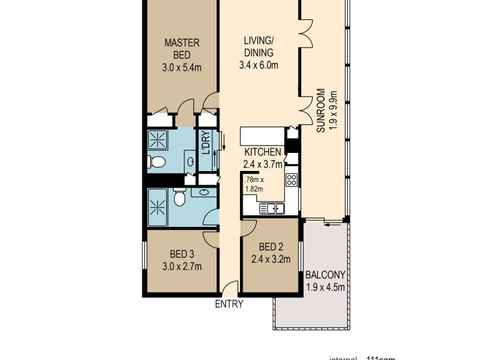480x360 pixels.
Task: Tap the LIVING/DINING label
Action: pyautogui.click(x=261, y=47)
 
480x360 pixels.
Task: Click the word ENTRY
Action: pyautogui.click(x=229, y=304)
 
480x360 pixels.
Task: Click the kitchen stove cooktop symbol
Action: pyautogui.click(x=292, y=180)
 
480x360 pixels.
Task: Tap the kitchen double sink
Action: pyautogui.click(x=272, y=209)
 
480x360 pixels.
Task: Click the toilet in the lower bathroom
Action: pyautogui.click(x=179, y=196)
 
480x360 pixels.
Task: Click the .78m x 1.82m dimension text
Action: pyautogui.click(x=254, y=183)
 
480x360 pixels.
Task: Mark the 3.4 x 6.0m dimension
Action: pyautogui.click(x=261, y=65)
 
